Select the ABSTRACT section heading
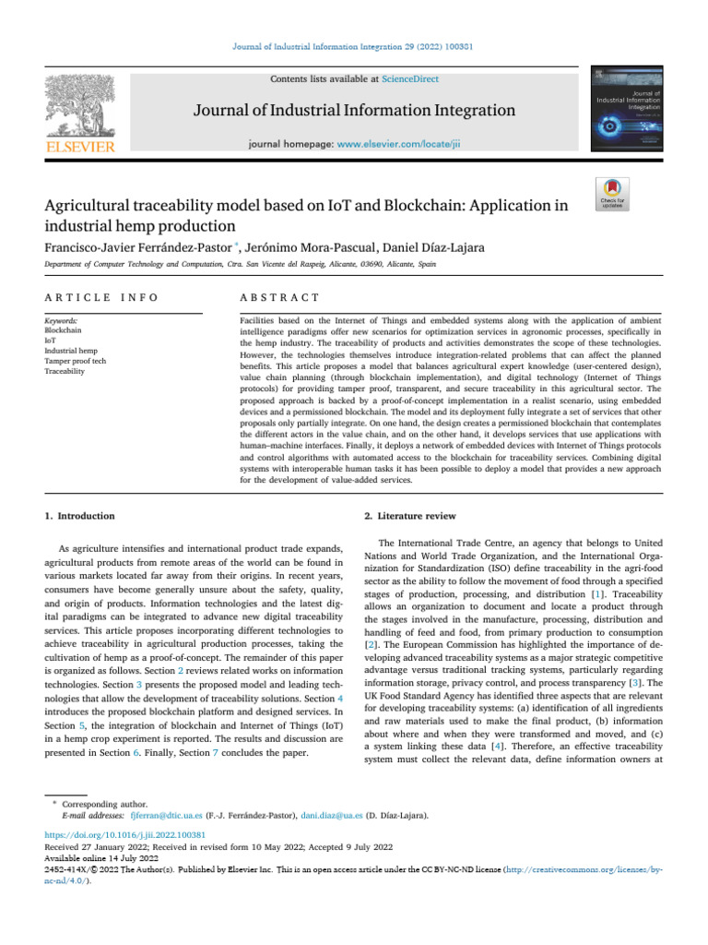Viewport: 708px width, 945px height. click(x=279, y=297)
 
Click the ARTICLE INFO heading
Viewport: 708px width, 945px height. click(x=101, y=297)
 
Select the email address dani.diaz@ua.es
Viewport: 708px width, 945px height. click(x=334, y=817)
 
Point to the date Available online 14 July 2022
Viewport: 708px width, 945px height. click(x=100, y=857)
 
